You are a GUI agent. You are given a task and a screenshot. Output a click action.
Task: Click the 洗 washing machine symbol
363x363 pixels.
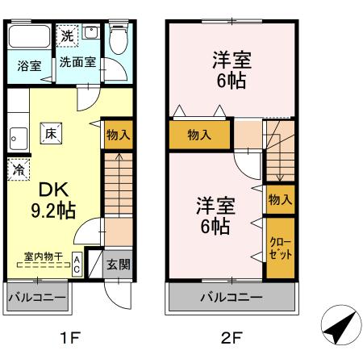[x=67, y=35]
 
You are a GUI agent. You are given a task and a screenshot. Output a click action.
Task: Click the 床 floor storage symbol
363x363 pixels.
[x=49, y=133]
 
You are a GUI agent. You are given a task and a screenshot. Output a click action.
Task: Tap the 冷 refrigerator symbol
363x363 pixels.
[x=19, y=170]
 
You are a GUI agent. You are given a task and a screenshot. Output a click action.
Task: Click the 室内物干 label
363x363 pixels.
[x=38, y=256]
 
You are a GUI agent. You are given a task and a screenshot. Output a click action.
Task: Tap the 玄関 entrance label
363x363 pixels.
[x=118, y=264]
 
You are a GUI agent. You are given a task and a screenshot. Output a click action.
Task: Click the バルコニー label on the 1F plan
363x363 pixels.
[x=36, y=298]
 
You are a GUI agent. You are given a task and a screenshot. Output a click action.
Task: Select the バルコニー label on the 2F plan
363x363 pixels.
[x=231, y=298]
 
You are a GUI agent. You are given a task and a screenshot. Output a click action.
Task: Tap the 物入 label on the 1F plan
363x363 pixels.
[x=118, y=135]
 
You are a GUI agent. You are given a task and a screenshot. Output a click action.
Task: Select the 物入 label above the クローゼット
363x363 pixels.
[x=280, y=199]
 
